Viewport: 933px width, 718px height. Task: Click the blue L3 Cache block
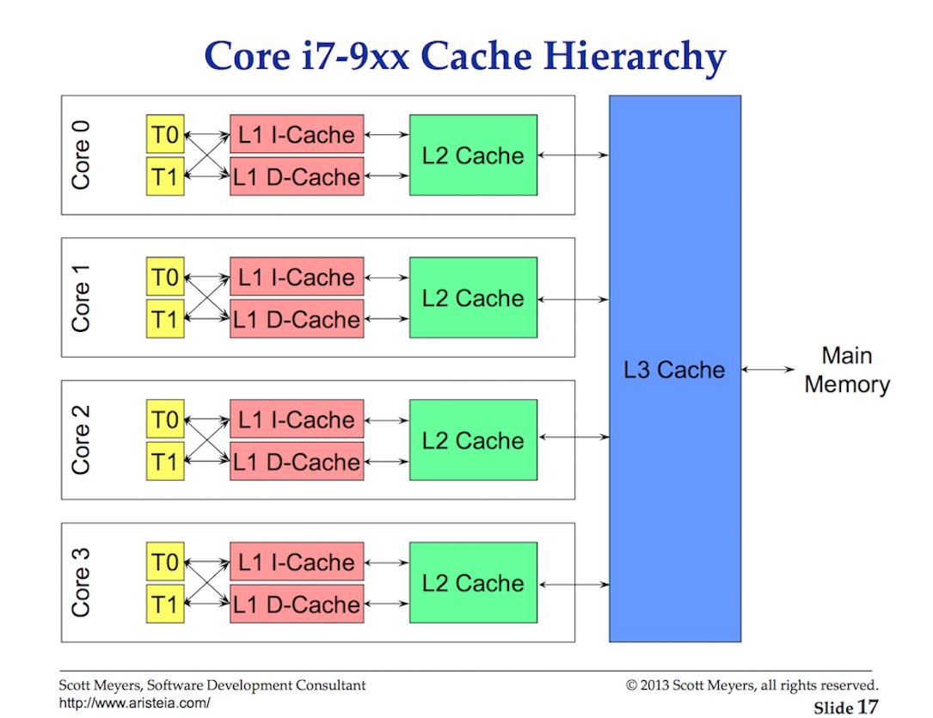[x=675, y=370]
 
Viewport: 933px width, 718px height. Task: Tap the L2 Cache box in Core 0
[x=473, y=156]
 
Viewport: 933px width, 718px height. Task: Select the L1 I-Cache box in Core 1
[x=297, y=278]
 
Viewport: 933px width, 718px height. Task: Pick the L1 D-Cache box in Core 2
[x=297, y=462]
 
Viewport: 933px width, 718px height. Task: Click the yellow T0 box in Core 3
[x=165, y=563]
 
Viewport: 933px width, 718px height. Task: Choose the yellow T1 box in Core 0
[x=165, y=177]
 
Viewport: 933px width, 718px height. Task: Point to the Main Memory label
[x=846, y=371]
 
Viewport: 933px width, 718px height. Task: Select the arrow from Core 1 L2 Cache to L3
[x=573, y=299]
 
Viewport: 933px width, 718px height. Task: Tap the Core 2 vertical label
[x=81, y=439]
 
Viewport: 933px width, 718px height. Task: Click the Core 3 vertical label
[x=81, y=582]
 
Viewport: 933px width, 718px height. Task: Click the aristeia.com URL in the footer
[x=134, y=703]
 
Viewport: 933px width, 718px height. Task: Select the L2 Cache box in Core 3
[x=473, y=584]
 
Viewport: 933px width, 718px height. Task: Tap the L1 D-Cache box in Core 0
[x=297, y=177]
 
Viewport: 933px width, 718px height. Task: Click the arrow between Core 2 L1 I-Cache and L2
[x=387, y=420]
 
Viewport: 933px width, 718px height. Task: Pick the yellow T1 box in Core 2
[x=165, y=462]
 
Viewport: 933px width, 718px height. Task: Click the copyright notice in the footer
[x=752, y=685]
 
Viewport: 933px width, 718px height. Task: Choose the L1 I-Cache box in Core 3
[x=297, y=563]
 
